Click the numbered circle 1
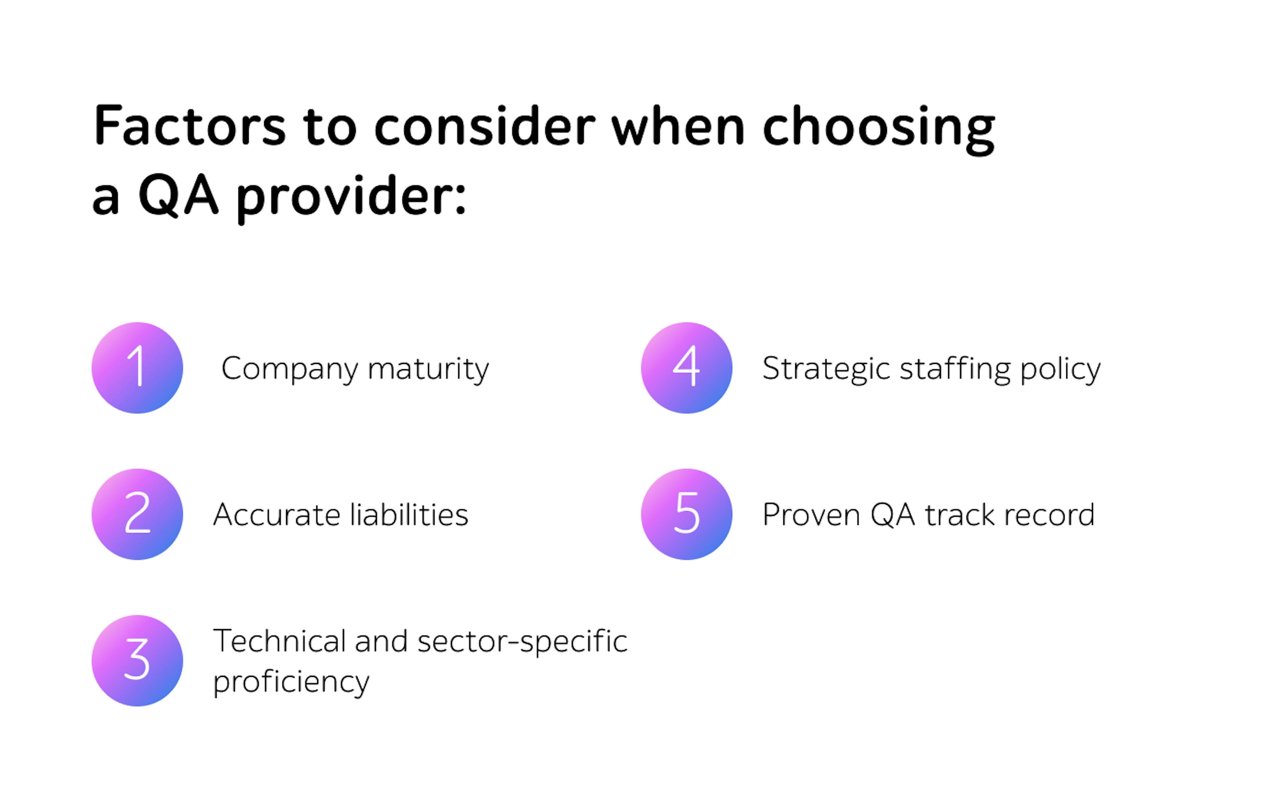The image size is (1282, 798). pyautogui.click(x=137, y=368)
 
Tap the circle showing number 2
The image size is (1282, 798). pyautogui.click(x=137, y=514)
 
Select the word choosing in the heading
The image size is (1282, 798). pyautogui.click(x=879, y=129)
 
